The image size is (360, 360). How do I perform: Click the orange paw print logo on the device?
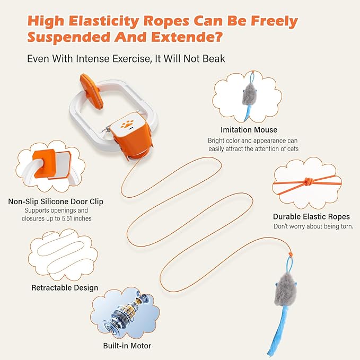point(127,124)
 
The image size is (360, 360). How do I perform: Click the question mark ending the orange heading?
point(218,37)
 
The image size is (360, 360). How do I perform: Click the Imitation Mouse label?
point(249,130)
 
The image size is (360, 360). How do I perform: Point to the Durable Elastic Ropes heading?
point(311,216)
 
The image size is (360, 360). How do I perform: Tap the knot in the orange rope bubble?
point(308,182)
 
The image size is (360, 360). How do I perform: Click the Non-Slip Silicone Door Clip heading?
point(56,201)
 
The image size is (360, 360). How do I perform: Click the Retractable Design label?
point(65,288)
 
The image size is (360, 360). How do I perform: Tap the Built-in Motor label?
point(127,346)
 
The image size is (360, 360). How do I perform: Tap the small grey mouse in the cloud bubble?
point(249,94)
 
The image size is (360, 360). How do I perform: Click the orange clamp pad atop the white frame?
point(91,91)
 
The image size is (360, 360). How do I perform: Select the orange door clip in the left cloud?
point(45,163)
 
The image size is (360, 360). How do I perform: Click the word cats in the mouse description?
point(292,149)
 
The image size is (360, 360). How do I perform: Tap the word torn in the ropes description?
point(347,226)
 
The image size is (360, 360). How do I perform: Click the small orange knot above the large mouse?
point(291,254)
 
